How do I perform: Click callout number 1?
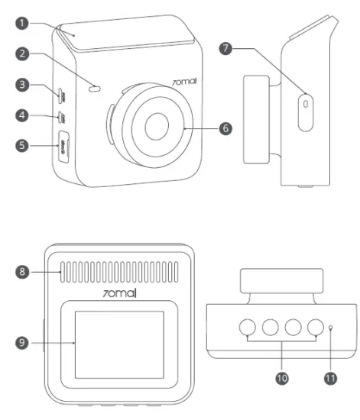[x=26, y=22]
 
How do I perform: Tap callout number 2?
[x=26, y=54]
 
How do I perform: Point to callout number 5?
[x=26, y=144]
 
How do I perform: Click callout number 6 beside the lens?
[x=224, y=128]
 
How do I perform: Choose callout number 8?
[x=26, y=269]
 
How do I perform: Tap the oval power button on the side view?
[x=306, y=102]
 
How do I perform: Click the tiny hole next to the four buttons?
[x=330, y=329]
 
